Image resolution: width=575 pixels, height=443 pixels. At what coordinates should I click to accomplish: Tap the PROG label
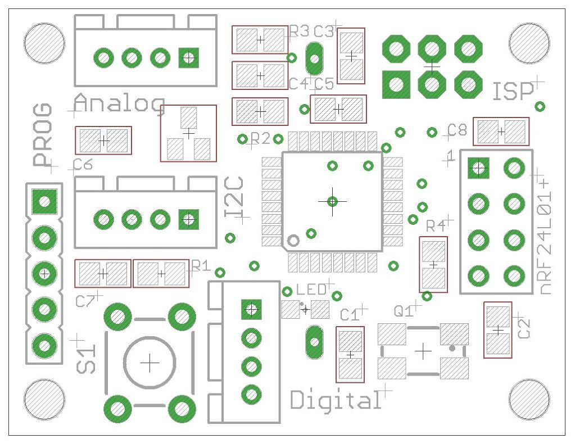point(42,135)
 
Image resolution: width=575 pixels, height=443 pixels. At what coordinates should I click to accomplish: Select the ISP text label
point(513,92)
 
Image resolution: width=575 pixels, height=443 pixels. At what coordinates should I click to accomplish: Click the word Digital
point(335,400)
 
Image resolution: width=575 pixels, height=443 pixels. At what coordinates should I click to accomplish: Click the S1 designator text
point(87,359)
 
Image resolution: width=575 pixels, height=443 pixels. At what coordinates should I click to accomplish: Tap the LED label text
point(311,290)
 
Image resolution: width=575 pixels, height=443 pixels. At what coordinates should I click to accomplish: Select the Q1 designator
point(404,311)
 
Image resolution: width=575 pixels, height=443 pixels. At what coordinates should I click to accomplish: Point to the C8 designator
point(458,130)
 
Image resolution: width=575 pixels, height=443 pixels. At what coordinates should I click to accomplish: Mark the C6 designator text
point(83,165)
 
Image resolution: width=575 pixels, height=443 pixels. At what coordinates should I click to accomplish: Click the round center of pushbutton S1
point(150,363)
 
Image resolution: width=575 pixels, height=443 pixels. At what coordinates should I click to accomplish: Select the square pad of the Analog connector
point(189,57)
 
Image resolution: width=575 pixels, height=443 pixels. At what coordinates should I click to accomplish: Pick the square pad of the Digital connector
point(251,309)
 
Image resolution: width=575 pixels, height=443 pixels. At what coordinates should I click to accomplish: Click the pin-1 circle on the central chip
point(293,241)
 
